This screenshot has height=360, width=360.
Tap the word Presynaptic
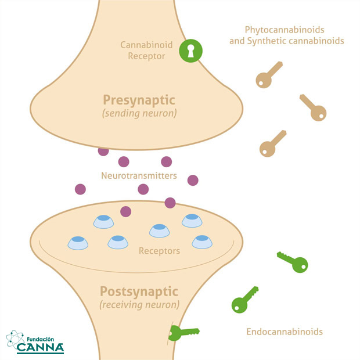[139, 99]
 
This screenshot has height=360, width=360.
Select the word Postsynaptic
[139, 290]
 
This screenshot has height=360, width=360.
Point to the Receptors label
[159, 251]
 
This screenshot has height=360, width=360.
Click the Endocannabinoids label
[285, 332]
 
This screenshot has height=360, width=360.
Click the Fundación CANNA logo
[35, 343]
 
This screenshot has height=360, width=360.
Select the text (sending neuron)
[139, 114]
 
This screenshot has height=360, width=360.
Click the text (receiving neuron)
[139, 304]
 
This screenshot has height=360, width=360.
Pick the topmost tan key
[269, 74]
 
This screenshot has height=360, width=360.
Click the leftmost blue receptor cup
[77, 242]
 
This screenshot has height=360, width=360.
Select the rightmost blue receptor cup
[201, 241]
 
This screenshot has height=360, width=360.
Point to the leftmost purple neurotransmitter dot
[80, 189]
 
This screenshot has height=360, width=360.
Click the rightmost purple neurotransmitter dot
[193, 180]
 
